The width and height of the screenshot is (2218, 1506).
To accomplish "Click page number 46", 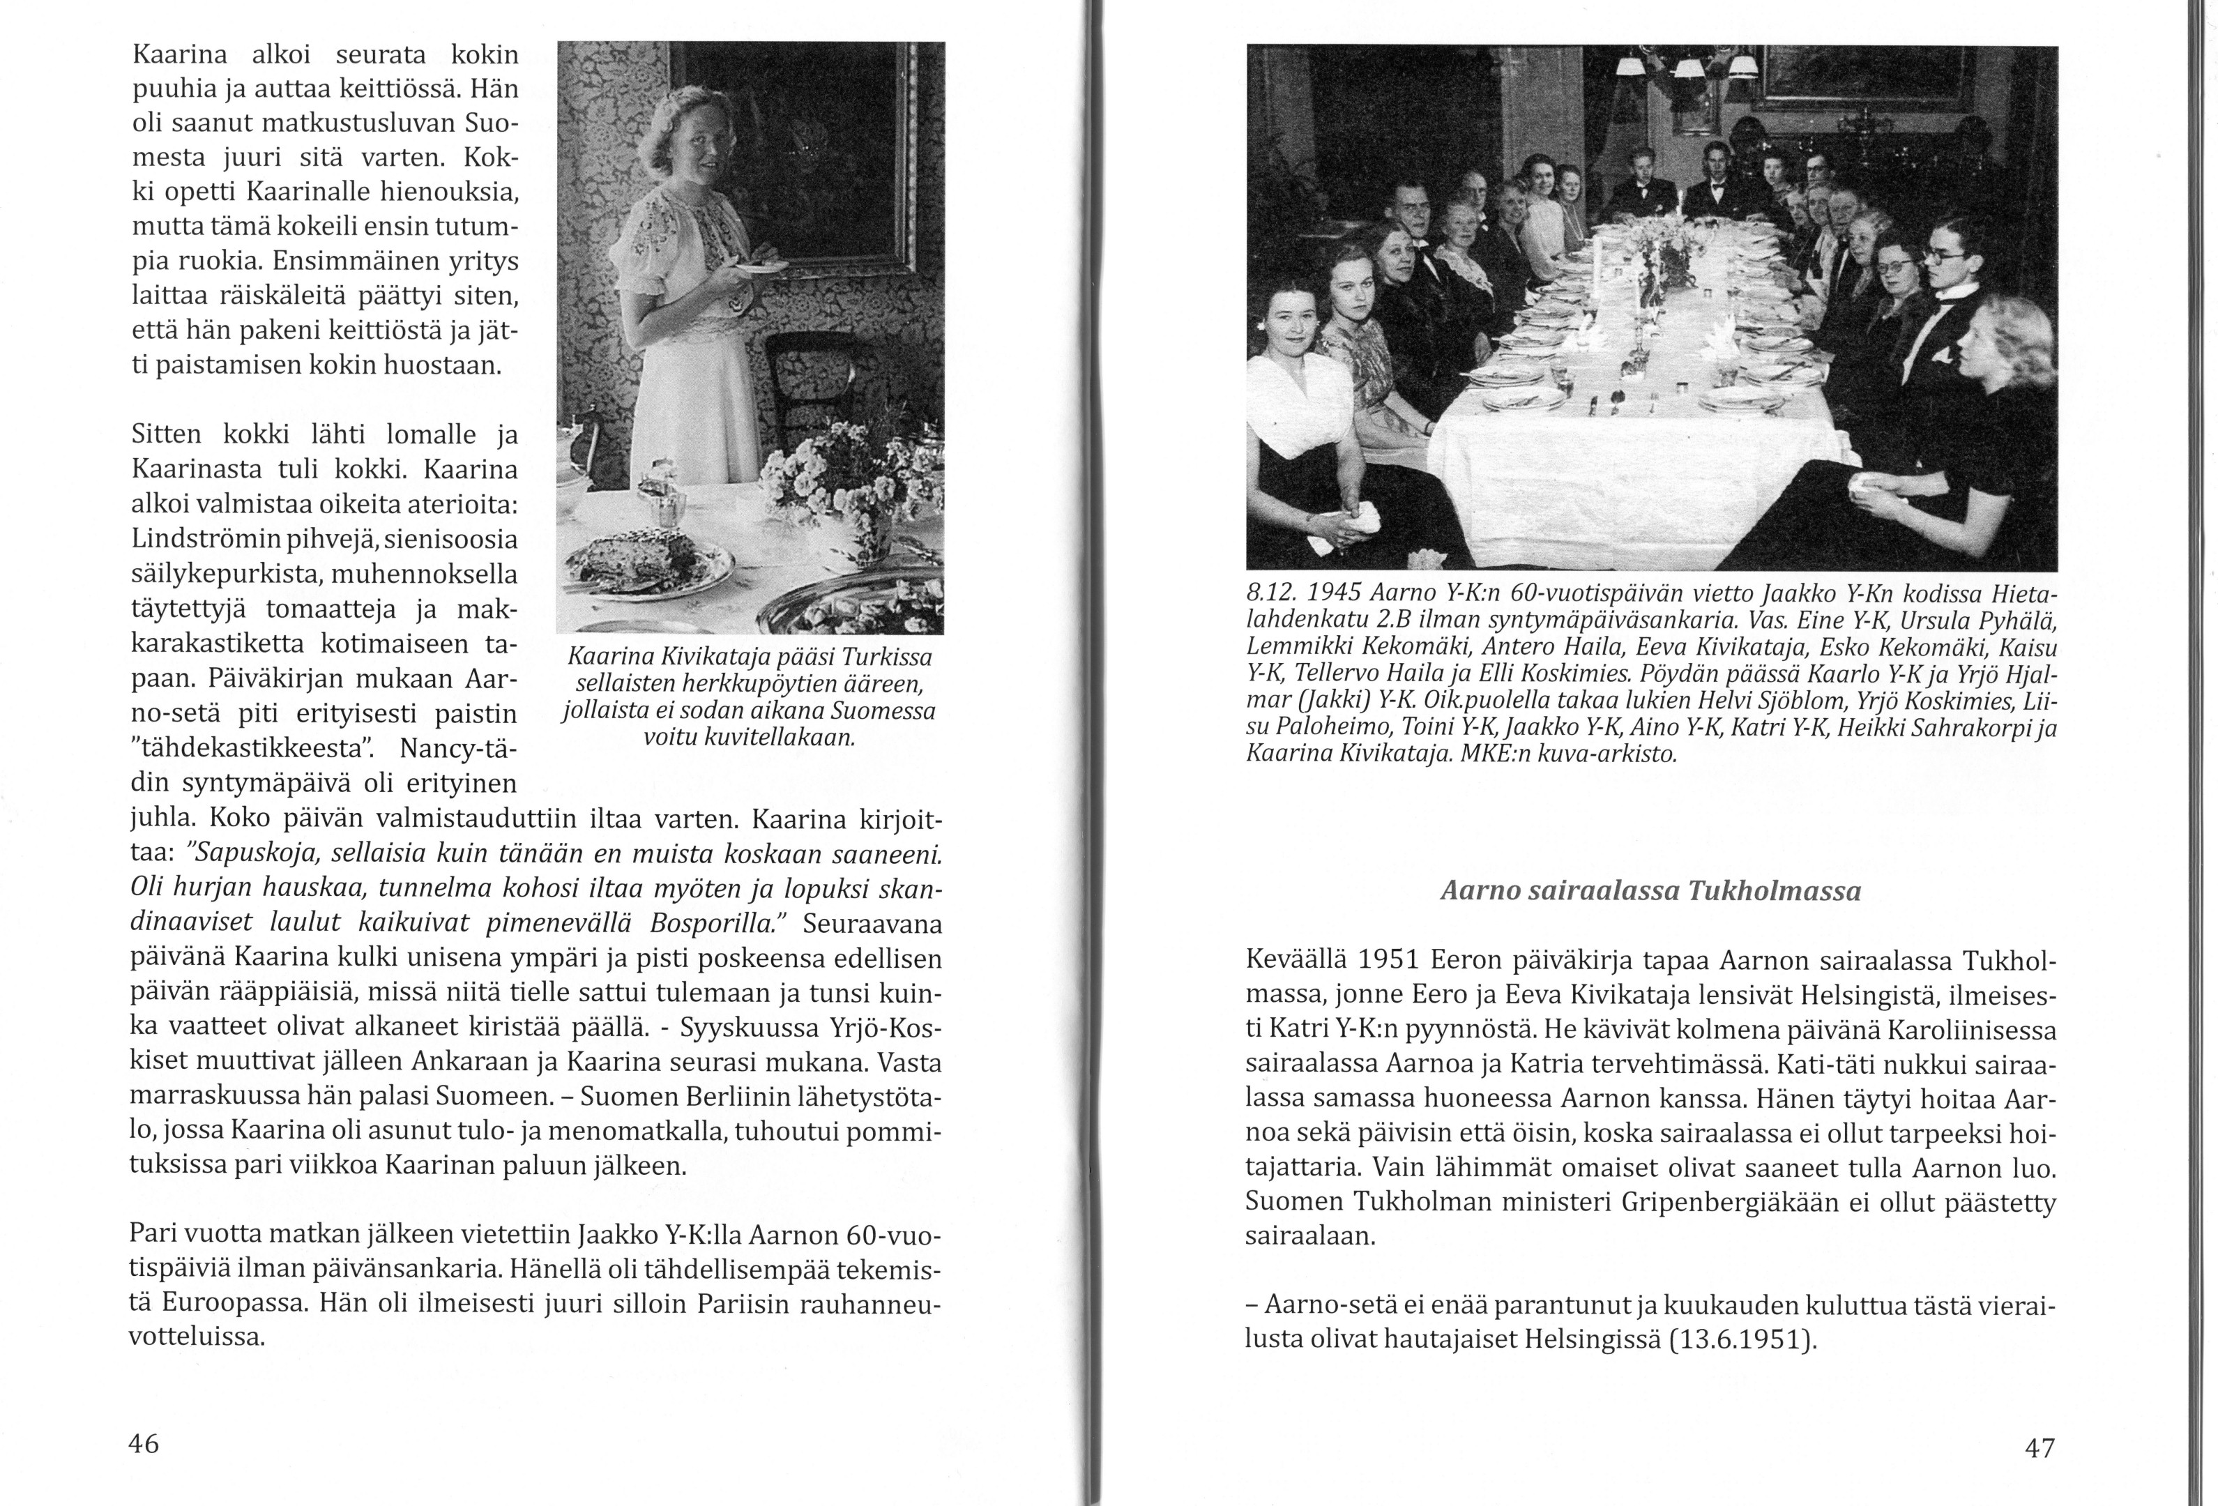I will (x=144, y=1444).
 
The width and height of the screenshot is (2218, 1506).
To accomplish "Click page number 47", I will (x=2039, y=1449).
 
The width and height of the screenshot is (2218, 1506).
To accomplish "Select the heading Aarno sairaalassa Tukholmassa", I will (x=1650, y=891).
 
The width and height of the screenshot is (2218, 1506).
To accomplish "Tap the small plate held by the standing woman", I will (x=761, y=268).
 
